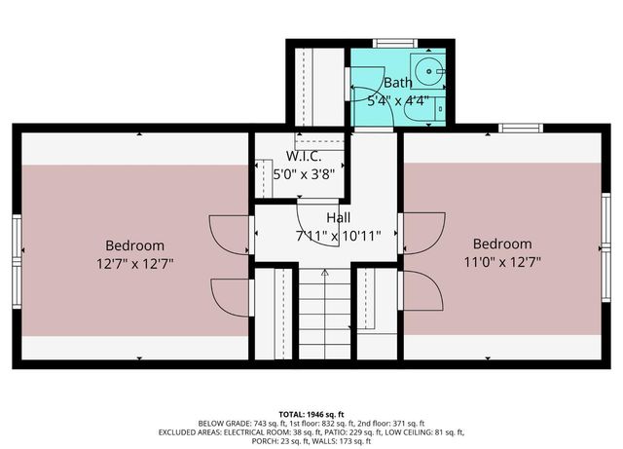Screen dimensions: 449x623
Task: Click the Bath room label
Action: (397, 83)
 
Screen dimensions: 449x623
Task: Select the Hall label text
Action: (338, 218)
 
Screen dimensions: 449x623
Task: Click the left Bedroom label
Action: (134, 245)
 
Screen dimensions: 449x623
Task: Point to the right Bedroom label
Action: (502, 243)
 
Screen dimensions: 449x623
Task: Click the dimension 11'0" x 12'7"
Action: (502, 261)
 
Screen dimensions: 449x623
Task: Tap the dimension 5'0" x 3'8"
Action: (299, 175)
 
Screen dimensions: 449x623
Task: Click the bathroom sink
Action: (427, 69)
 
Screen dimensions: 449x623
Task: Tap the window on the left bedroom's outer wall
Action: (17, 251)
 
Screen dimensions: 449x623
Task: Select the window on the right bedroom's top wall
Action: (521, 128)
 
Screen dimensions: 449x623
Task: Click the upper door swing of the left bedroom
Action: (230, 233)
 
